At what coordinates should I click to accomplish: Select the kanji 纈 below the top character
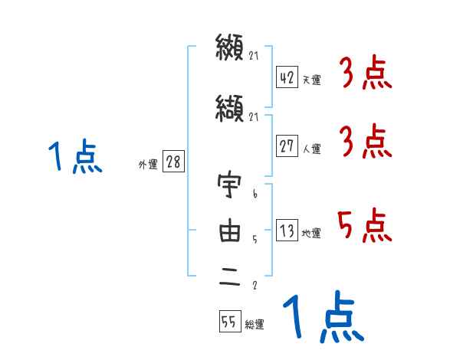[x=230, y=110]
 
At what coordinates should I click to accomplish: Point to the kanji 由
[x=230, y=232]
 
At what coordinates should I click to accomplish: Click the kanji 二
[x=230, y=280]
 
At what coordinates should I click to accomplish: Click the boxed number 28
[x=173, y=162]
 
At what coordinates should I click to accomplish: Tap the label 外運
[x=147, y=164]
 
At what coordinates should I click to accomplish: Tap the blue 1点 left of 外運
[x=74, y=157]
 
